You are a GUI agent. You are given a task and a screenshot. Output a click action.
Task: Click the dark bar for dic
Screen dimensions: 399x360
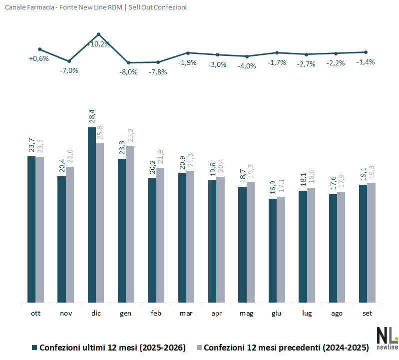(x=92, y=215)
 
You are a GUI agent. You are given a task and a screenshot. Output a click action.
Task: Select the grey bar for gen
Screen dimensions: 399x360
(x=130, y=224)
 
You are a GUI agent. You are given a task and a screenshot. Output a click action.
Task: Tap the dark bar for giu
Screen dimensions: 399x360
(x=273, y=251)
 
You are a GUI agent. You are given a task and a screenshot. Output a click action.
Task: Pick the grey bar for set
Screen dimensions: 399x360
(x=371, y=243)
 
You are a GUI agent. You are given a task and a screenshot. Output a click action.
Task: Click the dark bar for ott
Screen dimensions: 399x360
(x=31, y=230)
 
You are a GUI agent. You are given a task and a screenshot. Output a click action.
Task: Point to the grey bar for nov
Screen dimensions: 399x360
(x=70, y=235)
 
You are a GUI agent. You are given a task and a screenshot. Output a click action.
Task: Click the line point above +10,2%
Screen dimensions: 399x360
(x=99, y=34)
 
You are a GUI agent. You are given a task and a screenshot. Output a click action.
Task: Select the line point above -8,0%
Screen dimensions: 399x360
(x=128, y=62)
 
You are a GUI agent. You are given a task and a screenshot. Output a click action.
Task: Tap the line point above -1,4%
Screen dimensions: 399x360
(x=366, y=52)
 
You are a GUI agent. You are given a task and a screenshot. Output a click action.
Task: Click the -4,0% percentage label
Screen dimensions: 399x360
(x=247, y=66)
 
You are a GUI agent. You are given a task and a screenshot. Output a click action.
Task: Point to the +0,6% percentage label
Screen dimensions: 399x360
(x=38, y=58)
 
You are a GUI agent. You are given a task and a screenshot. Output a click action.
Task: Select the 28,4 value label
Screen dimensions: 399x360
(x=92, y=116)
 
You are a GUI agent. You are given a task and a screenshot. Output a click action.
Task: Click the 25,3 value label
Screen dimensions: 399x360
(x=130, y=135)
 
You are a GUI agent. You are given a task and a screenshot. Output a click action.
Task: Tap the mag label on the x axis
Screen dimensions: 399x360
(x=246, y=314)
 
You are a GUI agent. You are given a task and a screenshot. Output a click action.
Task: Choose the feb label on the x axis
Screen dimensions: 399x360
(x=156, y=313)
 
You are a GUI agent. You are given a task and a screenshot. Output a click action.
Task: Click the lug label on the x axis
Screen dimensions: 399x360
(x=307, y=314)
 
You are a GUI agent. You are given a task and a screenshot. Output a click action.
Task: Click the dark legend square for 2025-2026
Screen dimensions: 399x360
(x=34, y=348)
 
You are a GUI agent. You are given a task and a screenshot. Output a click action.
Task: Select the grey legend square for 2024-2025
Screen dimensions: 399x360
(x=199, y=348)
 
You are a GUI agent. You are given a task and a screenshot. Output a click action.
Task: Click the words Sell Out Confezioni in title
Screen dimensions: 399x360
(x=157, y=7)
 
